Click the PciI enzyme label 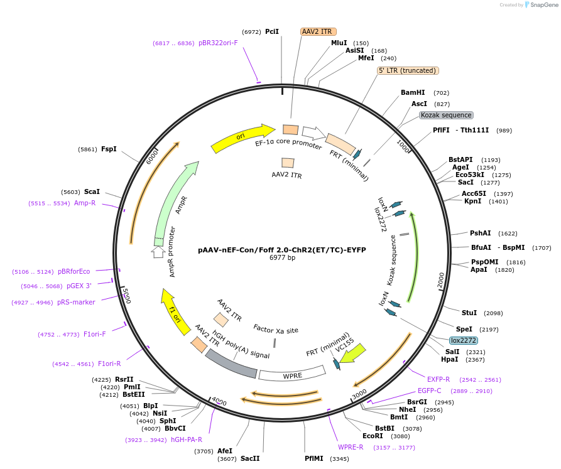[x=272, y=31]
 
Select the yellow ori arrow [x=242, y=139]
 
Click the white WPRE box [x=292, y=375]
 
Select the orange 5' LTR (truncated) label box [x=402, y=71]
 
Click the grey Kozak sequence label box [x=446, y=115]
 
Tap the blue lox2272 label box [x=464, y=340]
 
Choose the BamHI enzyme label [x=413, y=92]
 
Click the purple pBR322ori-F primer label [x=218, y=43]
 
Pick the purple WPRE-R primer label [x=351, y=447]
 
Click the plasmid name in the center [x=282, y=249]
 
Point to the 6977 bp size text [x=282, y=257]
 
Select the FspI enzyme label [x=109, y=149]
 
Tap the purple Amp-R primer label [x=85, y=203]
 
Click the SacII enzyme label [x=250, y=458]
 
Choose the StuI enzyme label [x=469, y=313]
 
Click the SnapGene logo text [x=544, y=5]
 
